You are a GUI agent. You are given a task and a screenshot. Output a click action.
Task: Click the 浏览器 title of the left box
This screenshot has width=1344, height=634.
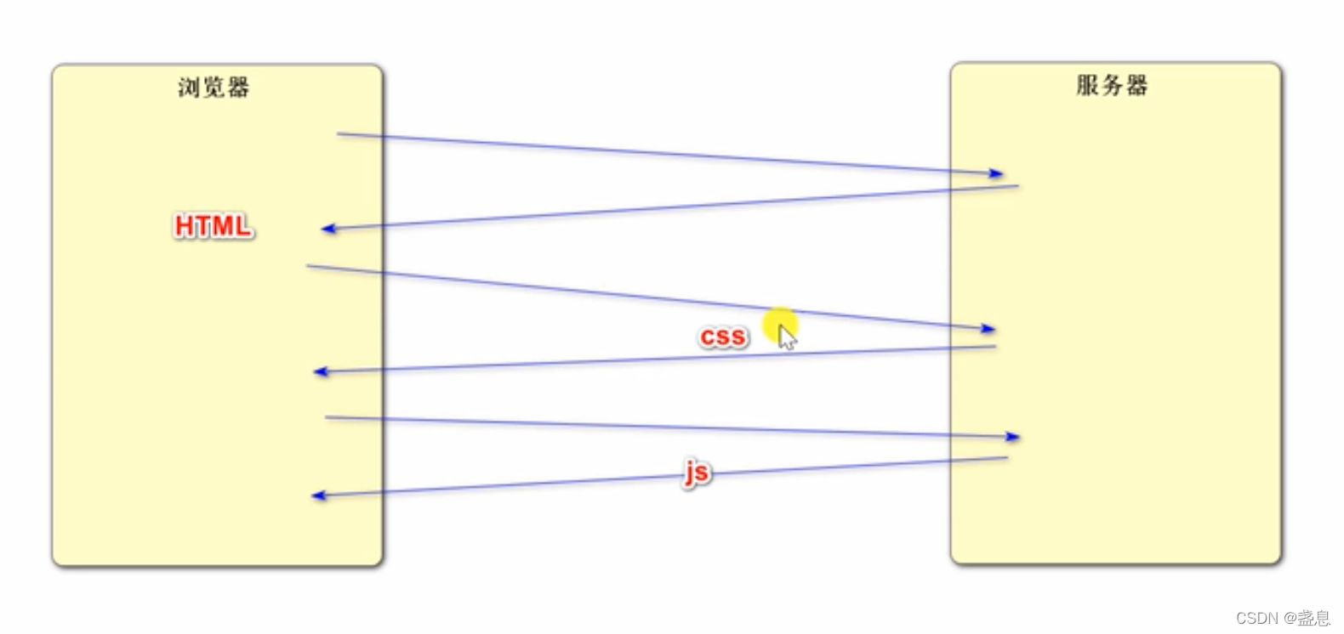[x=214, y=87]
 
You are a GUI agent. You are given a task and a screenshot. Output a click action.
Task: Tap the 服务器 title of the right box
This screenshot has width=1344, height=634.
[x=1112, y=85]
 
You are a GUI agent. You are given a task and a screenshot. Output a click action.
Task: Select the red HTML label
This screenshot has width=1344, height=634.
[x=214, y=226]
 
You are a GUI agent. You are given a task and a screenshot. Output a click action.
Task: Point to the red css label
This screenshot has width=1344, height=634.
[x=723, y=337]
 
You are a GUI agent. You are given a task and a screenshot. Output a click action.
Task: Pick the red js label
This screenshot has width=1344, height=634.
[x=697, y=472]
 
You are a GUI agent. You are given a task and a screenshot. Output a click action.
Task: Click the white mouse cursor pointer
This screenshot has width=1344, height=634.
[x=787, y=337]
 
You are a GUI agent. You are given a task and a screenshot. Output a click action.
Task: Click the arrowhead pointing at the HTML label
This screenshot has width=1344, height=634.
[x=327, y=229]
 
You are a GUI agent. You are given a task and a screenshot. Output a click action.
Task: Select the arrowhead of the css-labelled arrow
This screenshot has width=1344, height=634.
[x=320, y=371]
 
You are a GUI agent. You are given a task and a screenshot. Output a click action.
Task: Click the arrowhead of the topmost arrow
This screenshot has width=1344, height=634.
[x=997, y=173]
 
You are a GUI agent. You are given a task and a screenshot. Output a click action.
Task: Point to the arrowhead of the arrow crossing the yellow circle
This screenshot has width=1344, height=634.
[x=988, y=328]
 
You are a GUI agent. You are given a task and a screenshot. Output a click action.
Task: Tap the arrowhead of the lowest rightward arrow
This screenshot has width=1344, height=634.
[x=1013, y=437]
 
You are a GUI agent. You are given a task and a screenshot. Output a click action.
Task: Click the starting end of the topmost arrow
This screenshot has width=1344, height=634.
[x=338, y=133]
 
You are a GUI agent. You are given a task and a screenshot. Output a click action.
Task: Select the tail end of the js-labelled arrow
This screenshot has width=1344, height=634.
[x=1007, y=458]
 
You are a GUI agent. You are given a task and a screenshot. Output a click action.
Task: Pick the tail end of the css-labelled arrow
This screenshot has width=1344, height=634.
[x=994, y=347]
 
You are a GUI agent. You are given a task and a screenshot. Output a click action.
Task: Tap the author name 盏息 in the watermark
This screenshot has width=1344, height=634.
[x=1314, y=618]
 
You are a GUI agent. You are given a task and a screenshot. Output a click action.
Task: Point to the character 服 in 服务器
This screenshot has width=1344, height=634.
[x=1087, y=85]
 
